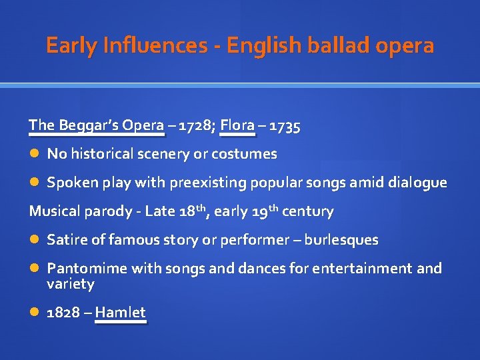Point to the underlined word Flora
point(237,125)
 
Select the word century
point(308,212)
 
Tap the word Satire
point(65,240)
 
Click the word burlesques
point(341,240)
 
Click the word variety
point(71,284)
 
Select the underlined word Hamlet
point(121,313)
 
